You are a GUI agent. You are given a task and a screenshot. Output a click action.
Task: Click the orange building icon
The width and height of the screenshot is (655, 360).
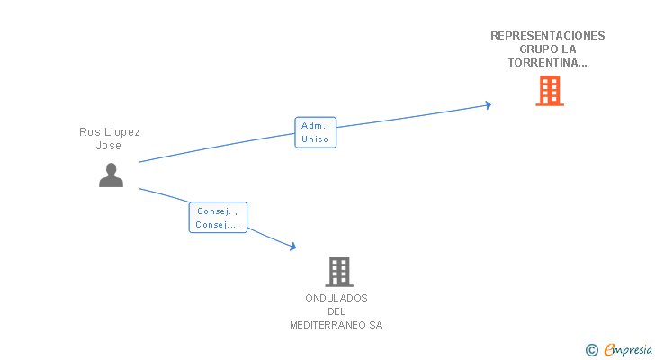point(549,91)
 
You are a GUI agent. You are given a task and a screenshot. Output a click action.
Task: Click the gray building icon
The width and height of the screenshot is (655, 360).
point(338,271)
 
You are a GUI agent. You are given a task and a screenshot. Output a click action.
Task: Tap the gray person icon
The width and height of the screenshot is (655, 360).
point(111,175)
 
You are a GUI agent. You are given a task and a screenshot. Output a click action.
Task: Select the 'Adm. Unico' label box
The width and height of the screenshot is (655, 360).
point(315,132)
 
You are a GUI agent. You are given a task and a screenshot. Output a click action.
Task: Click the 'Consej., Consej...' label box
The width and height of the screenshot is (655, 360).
point(218,218)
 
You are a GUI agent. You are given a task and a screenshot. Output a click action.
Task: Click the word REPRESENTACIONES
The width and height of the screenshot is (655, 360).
point(547,36)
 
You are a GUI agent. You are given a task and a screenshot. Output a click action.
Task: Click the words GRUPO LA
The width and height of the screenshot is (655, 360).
point(547,49)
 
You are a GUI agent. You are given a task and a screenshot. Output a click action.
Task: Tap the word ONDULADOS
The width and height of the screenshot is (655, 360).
point(336,298)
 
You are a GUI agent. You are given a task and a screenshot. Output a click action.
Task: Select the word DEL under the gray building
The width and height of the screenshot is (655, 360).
point(336,311)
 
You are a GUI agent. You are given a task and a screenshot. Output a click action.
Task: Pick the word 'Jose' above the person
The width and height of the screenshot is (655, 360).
point(110,146)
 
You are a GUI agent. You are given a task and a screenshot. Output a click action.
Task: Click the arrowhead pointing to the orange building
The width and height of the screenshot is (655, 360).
point(488,105)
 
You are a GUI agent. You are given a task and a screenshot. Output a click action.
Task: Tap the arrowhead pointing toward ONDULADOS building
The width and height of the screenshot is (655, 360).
point(292,246)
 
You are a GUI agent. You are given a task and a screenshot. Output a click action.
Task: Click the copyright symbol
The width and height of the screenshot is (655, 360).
point(591,350)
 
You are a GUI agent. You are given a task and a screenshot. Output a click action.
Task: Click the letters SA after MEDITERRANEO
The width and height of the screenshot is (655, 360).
point(375,325)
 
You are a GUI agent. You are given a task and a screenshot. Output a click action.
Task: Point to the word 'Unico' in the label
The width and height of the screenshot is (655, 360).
point(315,139)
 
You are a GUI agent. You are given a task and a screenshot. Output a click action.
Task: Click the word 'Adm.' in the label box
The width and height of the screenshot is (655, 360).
point(315,126)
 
